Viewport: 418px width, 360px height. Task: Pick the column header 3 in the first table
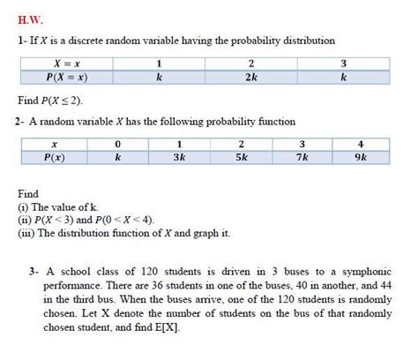[x=343, y=64]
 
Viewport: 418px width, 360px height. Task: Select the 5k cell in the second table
[x=241, y=158]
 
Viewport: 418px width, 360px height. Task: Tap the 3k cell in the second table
[x=179, y=158]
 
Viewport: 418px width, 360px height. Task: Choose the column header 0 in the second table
[x=118, y=144]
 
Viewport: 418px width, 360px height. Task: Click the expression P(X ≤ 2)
[x=72, y=101]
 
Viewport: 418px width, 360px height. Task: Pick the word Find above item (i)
[x=28, y=192]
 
